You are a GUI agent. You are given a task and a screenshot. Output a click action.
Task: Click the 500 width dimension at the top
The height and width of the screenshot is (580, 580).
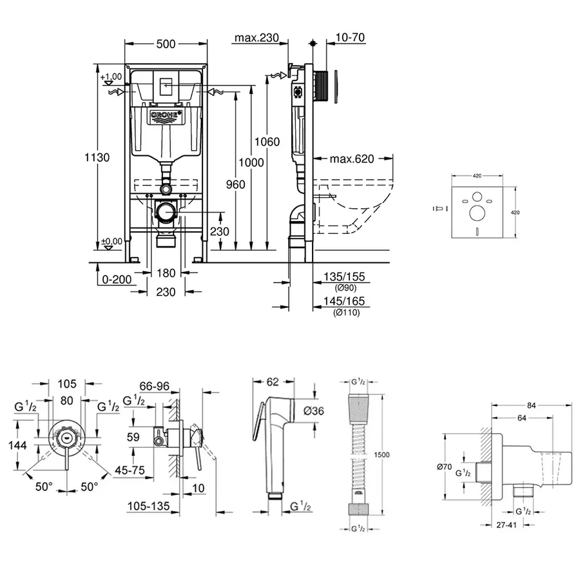point(166,44)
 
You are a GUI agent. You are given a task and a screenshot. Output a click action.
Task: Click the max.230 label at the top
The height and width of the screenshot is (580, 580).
point(256,38)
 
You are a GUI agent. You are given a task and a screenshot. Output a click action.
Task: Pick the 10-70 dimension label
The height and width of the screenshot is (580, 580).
point(351,38)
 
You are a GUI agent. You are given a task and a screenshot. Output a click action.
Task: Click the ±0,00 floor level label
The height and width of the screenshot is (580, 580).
point(111,242)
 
